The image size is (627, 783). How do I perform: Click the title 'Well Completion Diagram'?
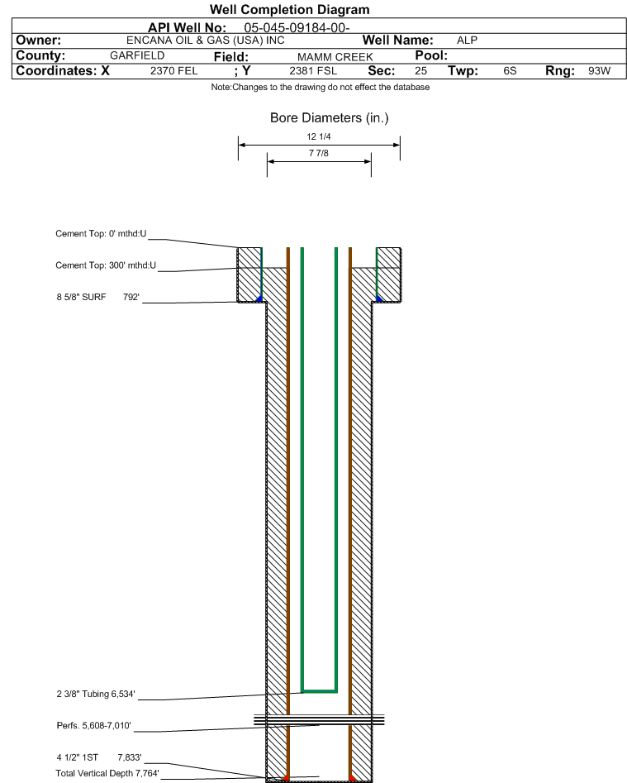click(x=289, y=9)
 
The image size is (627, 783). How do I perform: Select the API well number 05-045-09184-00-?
click(x=297, y=28)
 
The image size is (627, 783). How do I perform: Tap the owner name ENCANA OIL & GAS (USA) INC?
click(x=206, y=41)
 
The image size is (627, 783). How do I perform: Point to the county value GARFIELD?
click(x=137, y=55)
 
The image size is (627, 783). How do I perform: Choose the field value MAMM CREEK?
click(x=335, y=57)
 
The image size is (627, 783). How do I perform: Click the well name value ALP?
click(x=467, y=41)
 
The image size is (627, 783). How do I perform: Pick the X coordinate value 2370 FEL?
click(x=174, y=71)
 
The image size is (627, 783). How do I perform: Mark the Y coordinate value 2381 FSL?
click(x=313, y=71)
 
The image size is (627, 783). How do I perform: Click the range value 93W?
click(x=599, y=71)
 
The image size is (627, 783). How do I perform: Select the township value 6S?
click(x=510, y=71)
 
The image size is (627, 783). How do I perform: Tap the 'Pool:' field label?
click(x=431, y=55)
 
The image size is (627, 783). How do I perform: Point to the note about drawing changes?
click(x=321, y=87)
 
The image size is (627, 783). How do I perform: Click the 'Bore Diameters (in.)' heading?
click(x=330, y=118)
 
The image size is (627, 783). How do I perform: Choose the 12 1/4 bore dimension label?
click(x=319, y=136)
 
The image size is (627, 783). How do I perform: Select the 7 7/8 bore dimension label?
click(x=319, y=153)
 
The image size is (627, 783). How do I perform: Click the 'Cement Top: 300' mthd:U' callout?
click(x=106, y=265)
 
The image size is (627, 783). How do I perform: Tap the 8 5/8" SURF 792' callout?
click(x=97, y=297)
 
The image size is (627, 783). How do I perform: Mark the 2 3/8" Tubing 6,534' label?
click(x=96, y=694)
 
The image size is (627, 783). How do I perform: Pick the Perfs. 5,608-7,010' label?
click(x=94, y=725)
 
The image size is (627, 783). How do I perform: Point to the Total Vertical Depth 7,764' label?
click(x=107, y=773)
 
